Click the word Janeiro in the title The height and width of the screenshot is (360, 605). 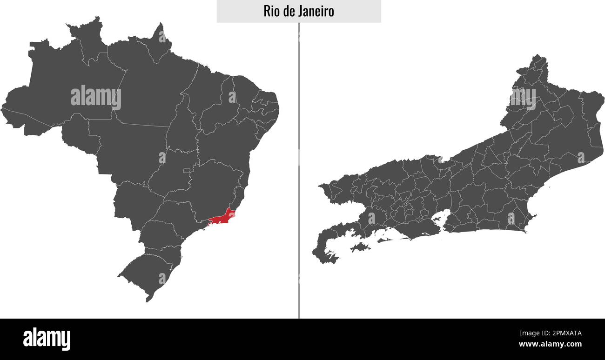click(316, 12)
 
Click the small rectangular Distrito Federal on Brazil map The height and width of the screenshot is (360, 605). click(187, 171)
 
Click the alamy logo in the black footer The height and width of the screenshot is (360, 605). click(47, 339)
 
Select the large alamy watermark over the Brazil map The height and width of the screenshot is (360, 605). click(96, 97)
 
